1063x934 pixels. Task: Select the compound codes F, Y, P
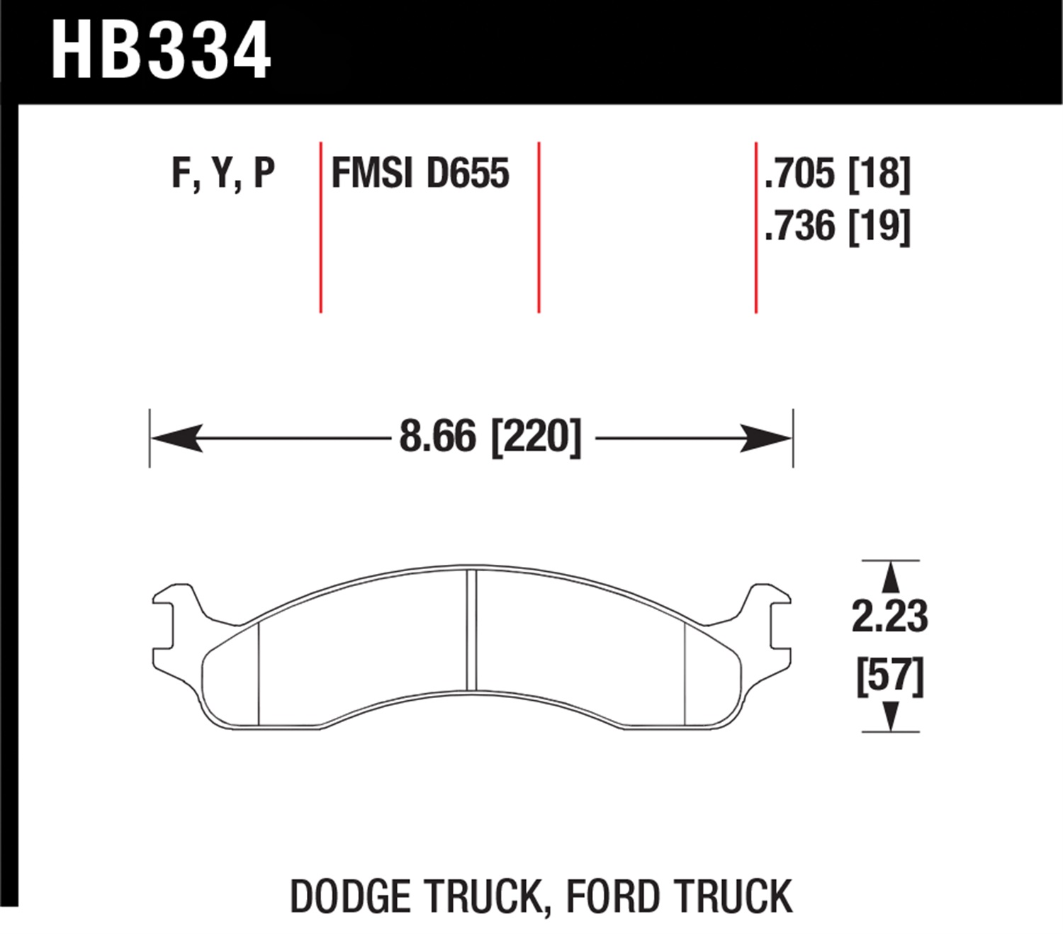pos(223,173)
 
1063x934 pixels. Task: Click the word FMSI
pos(372,173)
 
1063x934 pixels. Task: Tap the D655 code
pos(468,173)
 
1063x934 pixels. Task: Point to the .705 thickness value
pos(799,173)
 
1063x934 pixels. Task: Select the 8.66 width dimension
pos(437,436)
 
